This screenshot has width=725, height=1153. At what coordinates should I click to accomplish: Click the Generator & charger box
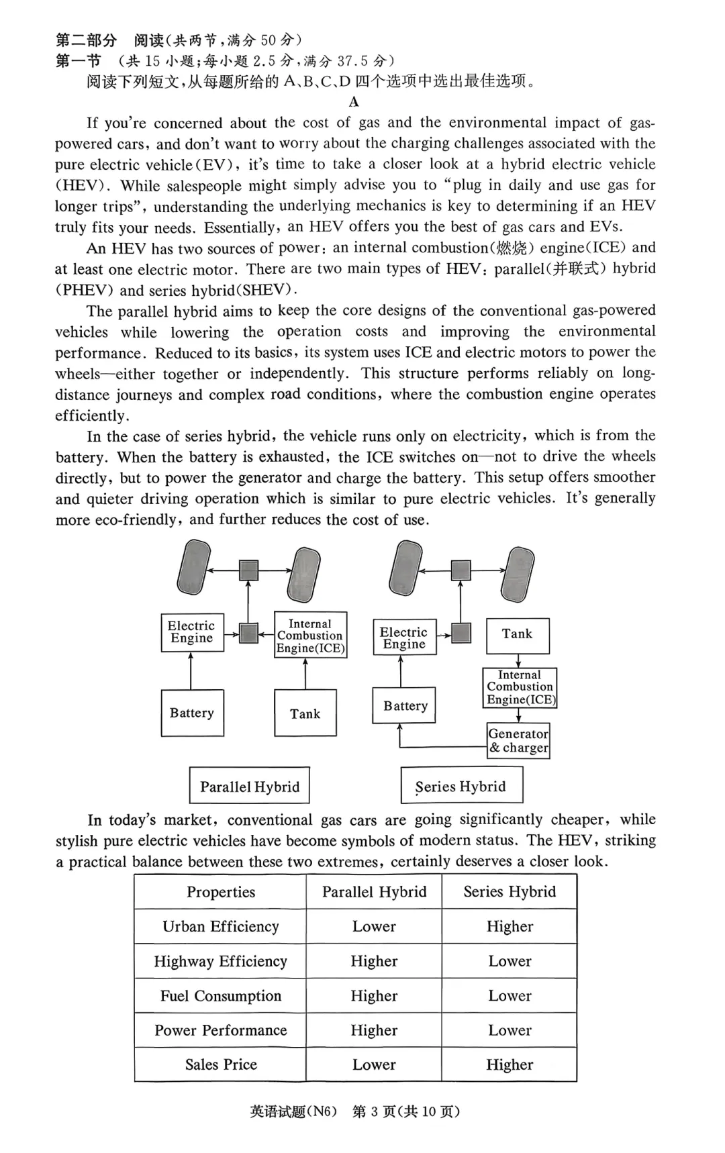[x=518, y=740]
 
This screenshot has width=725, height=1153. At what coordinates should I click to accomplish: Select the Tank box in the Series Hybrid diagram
[x=518, y=635]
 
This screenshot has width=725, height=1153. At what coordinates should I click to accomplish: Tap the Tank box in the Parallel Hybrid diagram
[x=305, y=713]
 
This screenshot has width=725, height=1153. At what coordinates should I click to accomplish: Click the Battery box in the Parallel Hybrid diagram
[x=192, y=713]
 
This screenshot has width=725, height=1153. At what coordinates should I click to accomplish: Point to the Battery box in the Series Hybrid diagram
[x=405, y=705]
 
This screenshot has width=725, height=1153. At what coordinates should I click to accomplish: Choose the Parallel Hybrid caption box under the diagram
[x=250, y=786]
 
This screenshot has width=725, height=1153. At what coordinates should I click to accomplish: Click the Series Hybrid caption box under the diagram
[x=461, y=786]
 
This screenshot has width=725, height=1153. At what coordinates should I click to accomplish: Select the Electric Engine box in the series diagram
[x=403, y=638]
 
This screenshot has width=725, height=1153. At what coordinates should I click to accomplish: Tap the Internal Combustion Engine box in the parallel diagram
[x=310, y=636]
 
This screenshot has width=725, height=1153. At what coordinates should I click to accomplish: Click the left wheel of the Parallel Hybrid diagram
[x=194, y=567]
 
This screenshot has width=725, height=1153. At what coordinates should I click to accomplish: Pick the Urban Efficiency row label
[x=220, y=926]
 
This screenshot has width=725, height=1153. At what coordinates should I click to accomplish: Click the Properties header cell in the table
[x=220, y=892]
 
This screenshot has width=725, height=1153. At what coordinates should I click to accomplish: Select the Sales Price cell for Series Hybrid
[x=510, y=1064]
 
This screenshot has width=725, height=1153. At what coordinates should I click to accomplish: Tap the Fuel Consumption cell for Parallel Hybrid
[x=374, y=995]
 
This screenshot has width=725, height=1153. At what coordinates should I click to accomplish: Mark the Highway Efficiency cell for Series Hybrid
[x=510, y=961]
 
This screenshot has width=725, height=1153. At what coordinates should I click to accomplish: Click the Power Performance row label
[x=220, y=1030]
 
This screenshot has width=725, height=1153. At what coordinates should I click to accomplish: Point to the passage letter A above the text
[x=354, y=102]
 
